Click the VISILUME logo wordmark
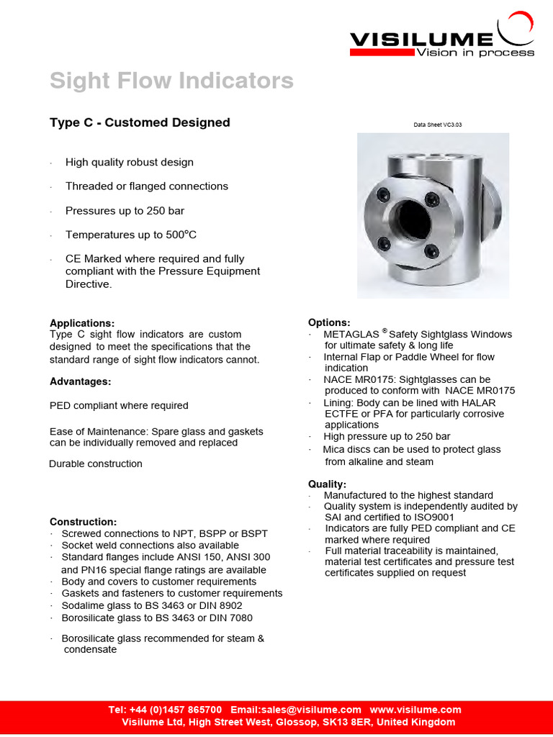421,40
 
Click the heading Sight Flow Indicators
171,81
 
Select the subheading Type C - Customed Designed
140,122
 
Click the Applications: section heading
82,323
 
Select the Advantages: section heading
81,381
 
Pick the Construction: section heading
83,521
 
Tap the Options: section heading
329,322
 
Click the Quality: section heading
327,484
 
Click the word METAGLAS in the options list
351,335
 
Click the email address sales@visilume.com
313,710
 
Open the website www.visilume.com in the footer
415,710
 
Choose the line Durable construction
96,464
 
